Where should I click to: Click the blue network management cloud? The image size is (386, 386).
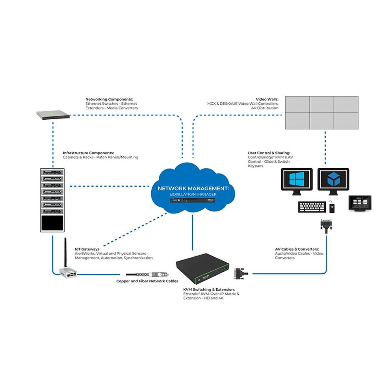tap(193, 185)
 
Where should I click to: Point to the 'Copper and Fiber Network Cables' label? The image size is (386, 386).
tap(147, 281)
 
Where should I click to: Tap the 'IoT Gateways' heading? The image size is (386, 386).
tap(87, 249)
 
